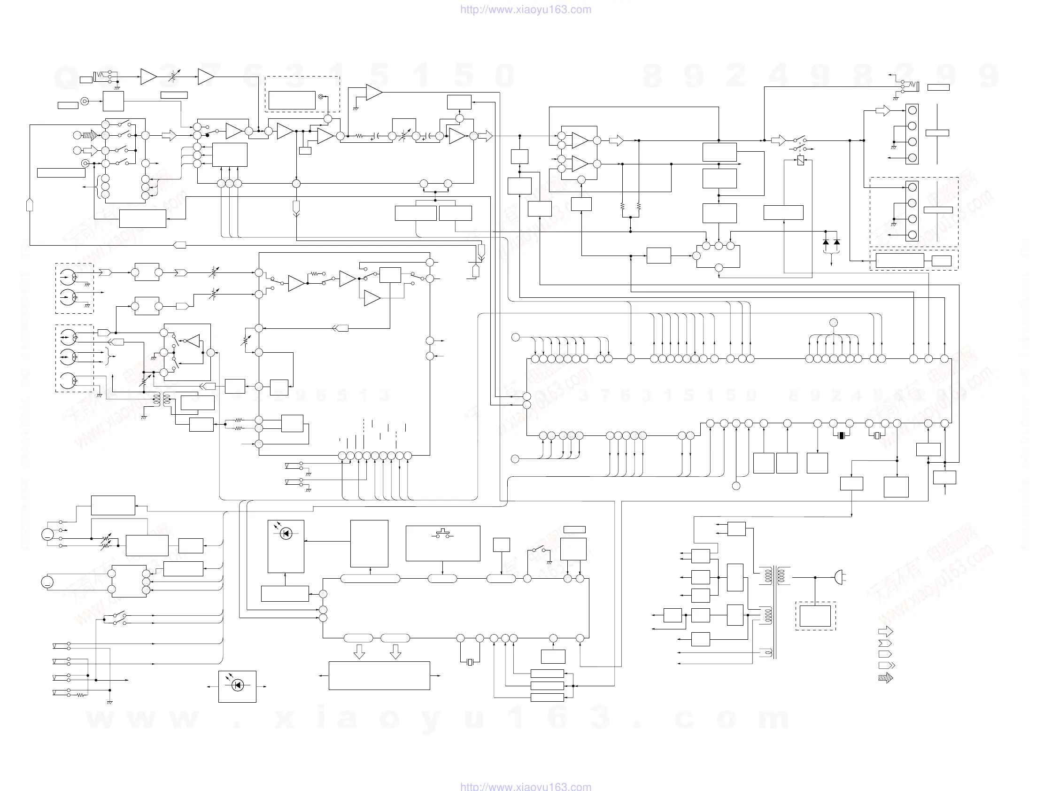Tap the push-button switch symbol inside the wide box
pyautogui.click(x=443, y=533)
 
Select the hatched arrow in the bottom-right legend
pyautogui.click(x=885, y=678)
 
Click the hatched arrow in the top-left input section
pyautogui.click(x=90, y=135)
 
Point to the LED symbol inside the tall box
pyautogui.click(x=286, y=533)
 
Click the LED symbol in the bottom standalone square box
pyautogui.click(x=238, y=685)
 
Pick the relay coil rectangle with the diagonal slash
pyautogui.click(x=800, y=161)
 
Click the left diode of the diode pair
pyautogui.click(x=826, y=242)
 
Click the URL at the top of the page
pyautogui.click(x=526, y=9)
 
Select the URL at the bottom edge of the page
pyautogui.click(x=526, y=786)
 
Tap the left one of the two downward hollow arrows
pyautogui.click(x=360, y=651)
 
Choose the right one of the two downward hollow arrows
pyautogui.click(x=395, y=651)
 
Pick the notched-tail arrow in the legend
pyautogui.click(x=885, y=643)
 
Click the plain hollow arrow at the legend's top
pyautogui.click(x=885, y=632)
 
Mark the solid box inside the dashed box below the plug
pyautogui.click(x=815, y=615)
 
